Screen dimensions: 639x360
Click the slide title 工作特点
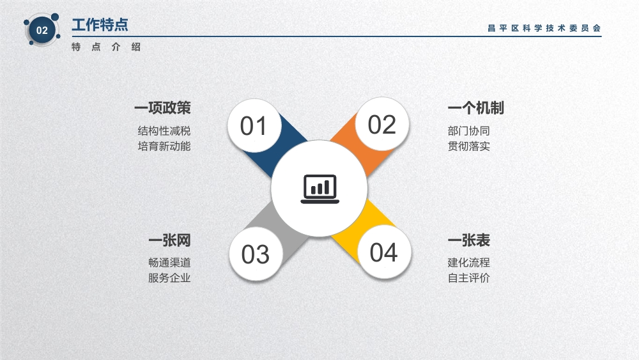100,25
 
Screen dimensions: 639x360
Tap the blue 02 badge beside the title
42,30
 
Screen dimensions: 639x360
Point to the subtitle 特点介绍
106,47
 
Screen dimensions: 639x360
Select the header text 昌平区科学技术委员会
544,28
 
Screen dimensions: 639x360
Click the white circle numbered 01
254,125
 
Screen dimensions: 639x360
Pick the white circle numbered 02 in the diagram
382,124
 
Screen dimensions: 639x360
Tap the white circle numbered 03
256,254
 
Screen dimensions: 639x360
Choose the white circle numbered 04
384,252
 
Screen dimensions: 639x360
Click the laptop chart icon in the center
320,189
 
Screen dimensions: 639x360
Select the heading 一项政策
162,108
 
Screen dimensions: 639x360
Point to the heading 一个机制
476,108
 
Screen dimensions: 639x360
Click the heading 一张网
169,240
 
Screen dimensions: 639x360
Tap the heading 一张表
469,240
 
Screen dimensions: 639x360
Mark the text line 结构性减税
164,131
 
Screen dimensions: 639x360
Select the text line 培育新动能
164,146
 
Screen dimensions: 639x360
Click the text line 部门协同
468,131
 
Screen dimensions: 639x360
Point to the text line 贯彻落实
468,146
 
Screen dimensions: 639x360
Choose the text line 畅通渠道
169,263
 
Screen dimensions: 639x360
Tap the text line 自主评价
468,278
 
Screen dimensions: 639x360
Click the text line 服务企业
169,278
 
